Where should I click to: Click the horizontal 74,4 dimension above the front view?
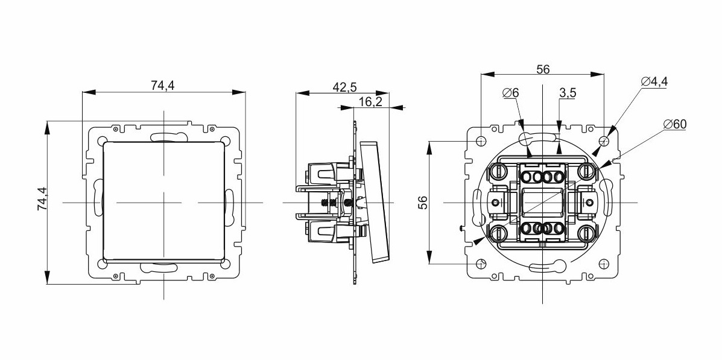[163, 85]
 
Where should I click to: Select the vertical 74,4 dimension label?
[42, 198]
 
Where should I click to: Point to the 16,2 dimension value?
[371, 102]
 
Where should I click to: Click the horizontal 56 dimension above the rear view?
[543, 69]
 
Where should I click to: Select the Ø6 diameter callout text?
[511, 93]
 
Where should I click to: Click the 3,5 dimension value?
[568, 93]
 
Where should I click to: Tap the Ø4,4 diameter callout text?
[654, 81]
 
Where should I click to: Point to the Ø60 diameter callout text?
[675, 124]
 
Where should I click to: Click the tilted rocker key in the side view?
[375, 203]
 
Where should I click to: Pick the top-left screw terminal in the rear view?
[498, 172]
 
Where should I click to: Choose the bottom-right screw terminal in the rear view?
[587, 233]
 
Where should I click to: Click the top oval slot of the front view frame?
[163, 137]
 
